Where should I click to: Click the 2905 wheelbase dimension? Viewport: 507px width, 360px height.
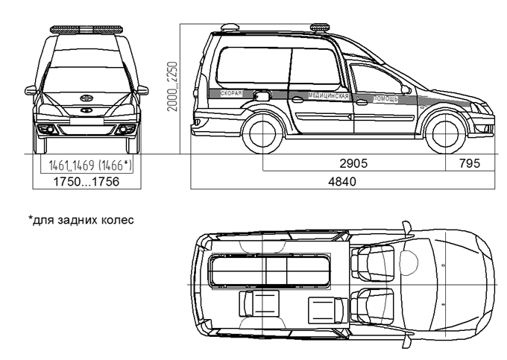pyautogui.click(x=353, y=163)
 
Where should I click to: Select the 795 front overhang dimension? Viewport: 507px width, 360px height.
pyautogui.click(x=470, y=163)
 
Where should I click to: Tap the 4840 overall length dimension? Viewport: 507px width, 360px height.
pyautogui.click(x=342, y=182)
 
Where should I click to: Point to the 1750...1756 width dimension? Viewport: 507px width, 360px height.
pyautogui.click(x=86, y=182)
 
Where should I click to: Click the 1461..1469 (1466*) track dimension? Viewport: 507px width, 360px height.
pyautogui.click(x=90, y=165)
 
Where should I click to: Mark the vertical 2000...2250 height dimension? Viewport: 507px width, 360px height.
pyautogui.click(x=172, y=86)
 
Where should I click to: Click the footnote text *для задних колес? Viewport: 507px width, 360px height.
pyautogui.click(x=81, y=220)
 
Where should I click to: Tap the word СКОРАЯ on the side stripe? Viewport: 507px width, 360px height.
pyautogui.click(x=231, y=93)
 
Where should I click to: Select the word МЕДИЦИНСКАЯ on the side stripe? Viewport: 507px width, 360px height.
pyautogui.click(x=329, y=96)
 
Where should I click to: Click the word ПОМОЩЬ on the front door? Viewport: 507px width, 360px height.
pyautogui.click(x=385, y=99)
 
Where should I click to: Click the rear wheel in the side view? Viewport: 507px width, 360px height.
pyautogui.click(x=262, y=133)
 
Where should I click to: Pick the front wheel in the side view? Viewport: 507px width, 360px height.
pyautogui.click(x=446, y=133)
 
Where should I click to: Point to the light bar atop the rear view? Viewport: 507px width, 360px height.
pyautogui.click(x=86, y=29)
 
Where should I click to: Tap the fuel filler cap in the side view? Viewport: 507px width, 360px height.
pyautogui.click(x=261, y=96)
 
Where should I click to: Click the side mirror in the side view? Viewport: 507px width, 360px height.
pyautogui.click(x=406, y=89)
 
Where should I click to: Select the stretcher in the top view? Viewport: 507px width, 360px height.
pyautogui.click(x=271, y=271)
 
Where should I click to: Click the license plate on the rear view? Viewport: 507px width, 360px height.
pyautogui.click(x=86, y=121)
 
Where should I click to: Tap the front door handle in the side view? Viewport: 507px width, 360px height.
pyautogui.click(x=362, y=102)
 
